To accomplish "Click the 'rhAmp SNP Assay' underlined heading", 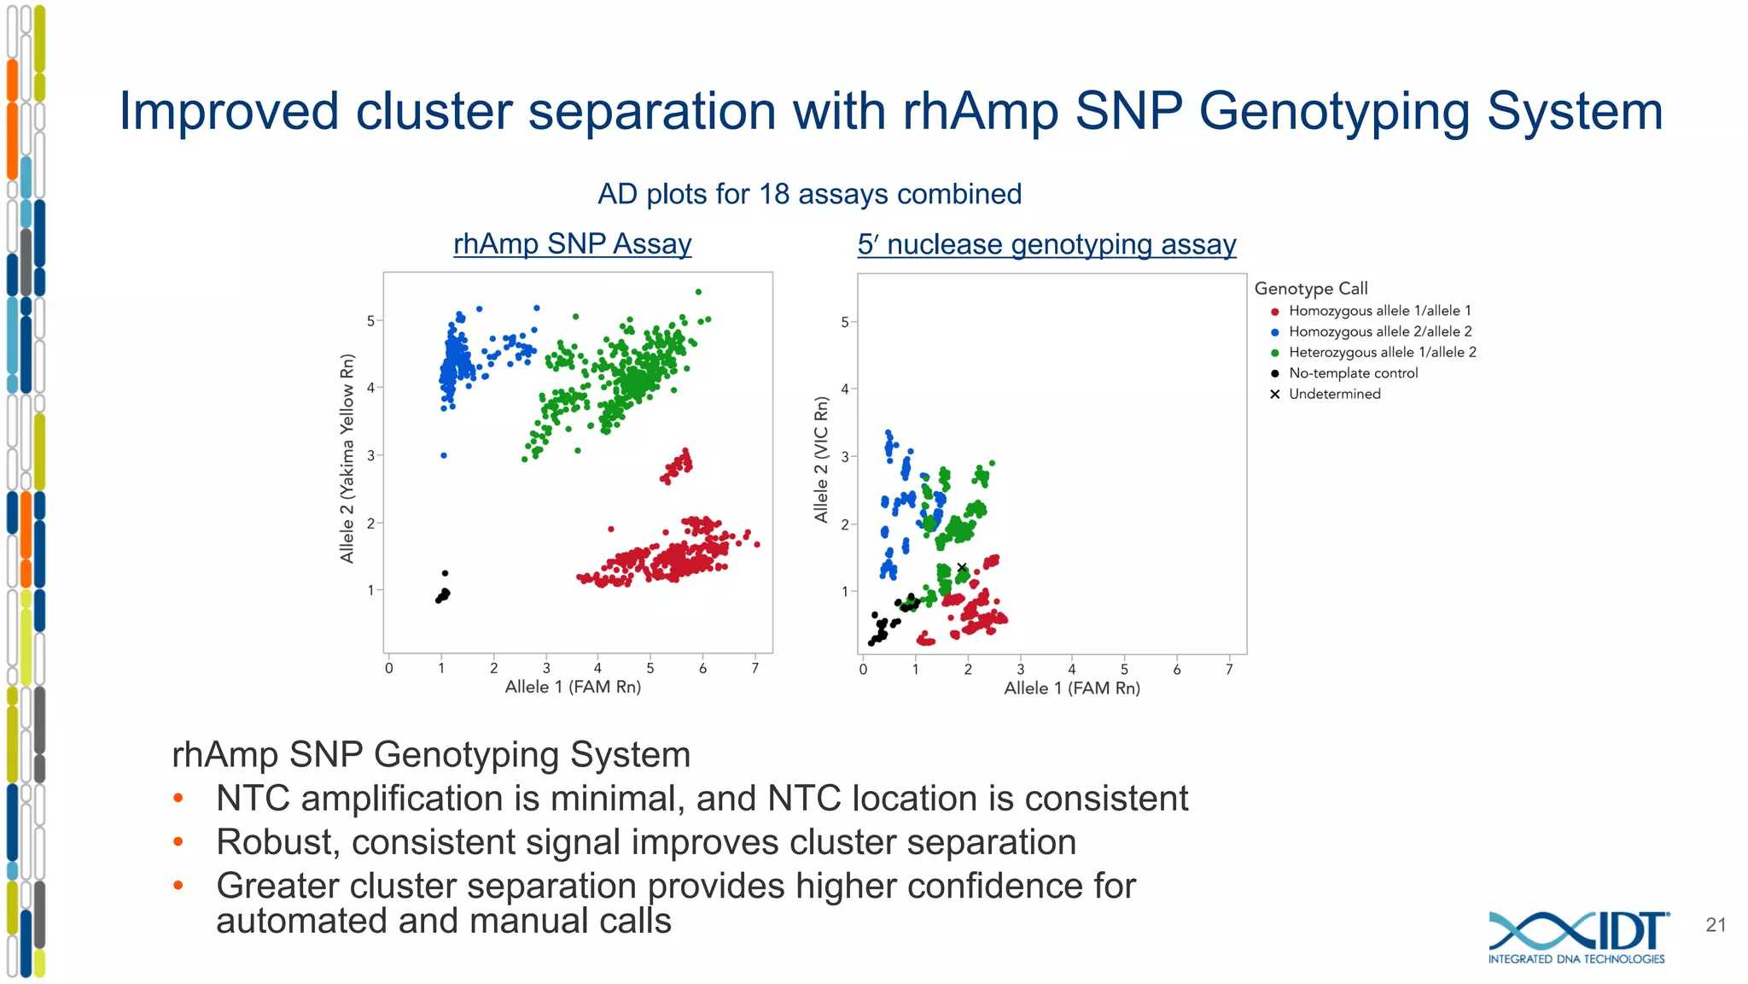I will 572,244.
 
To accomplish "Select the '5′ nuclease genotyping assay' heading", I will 1046,245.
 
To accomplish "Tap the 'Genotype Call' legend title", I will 1310,289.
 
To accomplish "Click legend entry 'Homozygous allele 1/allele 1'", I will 1379,311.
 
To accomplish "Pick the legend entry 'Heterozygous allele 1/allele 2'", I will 1382,353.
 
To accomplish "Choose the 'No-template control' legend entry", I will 1353,373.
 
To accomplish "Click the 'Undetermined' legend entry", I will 1334,394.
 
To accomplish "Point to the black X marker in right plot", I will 962,567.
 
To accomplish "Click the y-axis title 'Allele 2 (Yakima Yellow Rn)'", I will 347,458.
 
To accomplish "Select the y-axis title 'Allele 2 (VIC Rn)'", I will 821,460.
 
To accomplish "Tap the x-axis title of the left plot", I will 573,687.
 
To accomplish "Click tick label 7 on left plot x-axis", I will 755,669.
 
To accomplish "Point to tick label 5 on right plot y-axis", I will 845,322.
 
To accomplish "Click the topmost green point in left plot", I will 698,292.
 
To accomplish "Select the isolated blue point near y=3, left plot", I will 444,455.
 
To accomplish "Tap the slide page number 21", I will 1716,925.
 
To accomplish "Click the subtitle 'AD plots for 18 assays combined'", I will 809,195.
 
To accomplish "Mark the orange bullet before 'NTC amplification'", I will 178,799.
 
